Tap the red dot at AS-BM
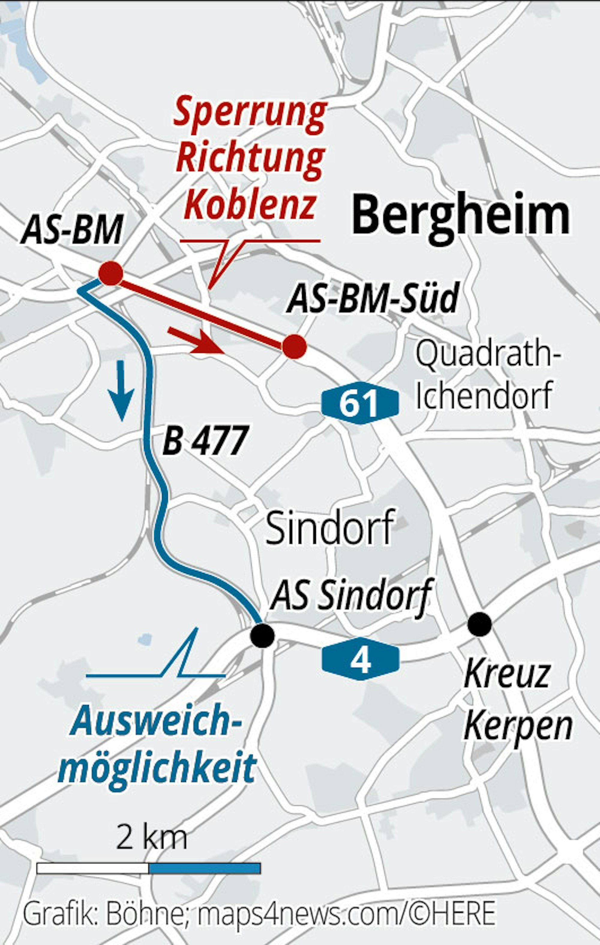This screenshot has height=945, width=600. tap(110, 273)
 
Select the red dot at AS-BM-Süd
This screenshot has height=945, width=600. tap(294, 347)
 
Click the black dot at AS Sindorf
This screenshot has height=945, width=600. tap(263, 636)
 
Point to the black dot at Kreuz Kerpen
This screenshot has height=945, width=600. tap(479, 624)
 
